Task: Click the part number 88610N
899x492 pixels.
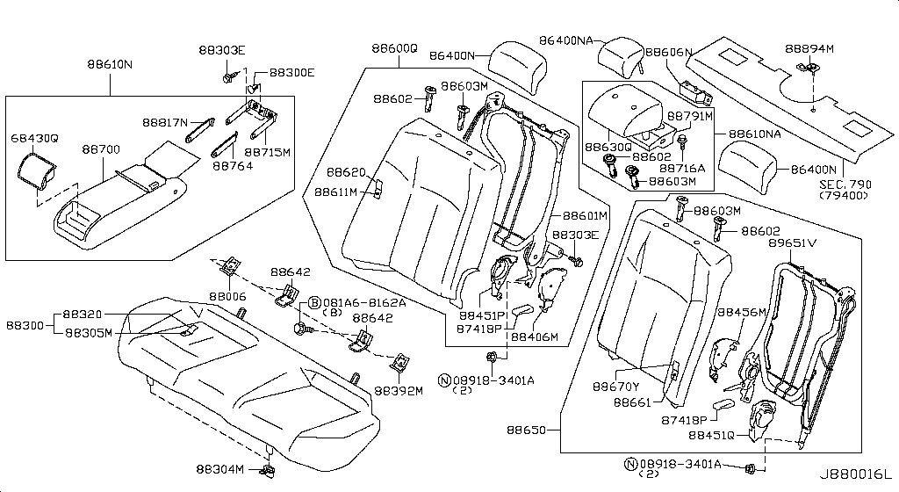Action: pyautogui.click(x=110, y=65)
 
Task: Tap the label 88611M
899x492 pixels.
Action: pyautogui.click(x=338, y=192)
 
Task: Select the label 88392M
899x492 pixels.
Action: pyautogui.click(x=398, y=391)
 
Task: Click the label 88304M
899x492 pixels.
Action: pyautogui.click(x=219, y=470)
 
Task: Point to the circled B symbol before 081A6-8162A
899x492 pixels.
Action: pyautogui.click(x=312, y=303)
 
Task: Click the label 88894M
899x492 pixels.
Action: pyautogui.click(x=809, y=48)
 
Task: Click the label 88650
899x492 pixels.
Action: pyautogui.click(x=529, y=430)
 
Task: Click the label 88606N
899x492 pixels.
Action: pyautogui.click(x=669, y=53)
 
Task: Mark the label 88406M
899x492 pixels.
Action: pyautogui.click(x=535, y=336)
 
